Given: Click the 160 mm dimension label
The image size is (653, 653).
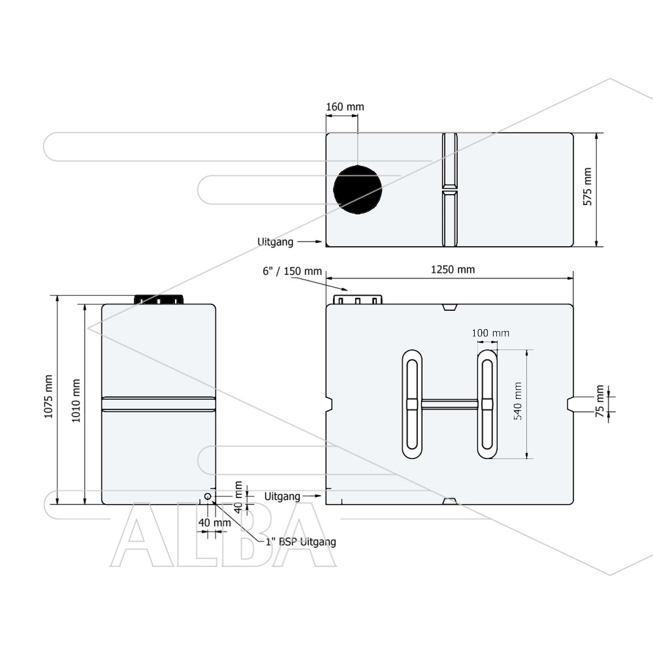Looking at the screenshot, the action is (x=345, y=107).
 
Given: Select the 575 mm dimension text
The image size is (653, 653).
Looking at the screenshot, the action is (x=587, y=187).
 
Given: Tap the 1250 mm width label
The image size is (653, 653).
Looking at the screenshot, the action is (x=453, y=270).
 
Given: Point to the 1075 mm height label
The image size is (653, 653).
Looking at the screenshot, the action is (x=48, y=396).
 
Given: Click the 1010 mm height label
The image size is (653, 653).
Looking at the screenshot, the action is (x=76, y=401).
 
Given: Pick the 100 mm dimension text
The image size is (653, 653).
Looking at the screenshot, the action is (x=490, y=333).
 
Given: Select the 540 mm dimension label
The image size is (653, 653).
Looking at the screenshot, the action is (x=518, y=401).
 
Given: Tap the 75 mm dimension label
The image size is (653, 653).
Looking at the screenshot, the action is (x=599, y=401).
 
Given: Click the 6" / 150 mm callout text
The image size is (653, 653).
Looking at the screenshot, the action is (x=292, y=272).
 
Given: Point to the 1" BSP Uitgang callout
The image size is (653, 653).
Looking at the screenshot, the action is (x=300, y=542).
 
